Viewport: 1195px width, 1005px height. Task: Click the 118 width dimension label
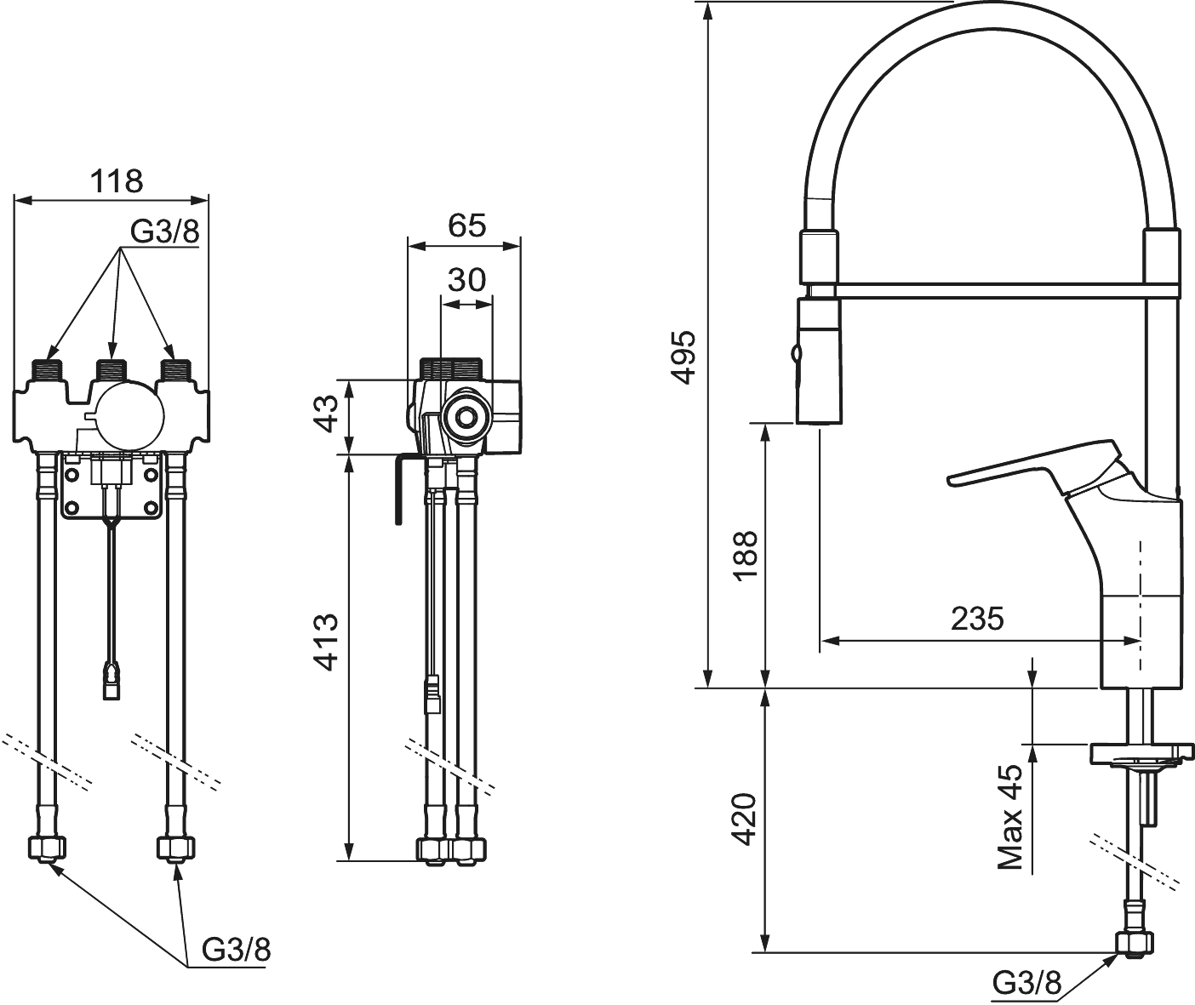coord(117,180)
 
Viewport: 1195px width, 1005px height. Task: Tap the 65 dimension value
coord(466,226)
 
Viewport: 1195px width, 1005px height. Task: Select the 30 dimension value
coord(466,279)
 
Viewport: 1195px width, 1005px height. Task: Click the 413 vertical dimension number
coord(328,642)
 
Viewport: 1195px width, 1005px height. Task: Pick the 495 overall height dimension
coord(683,357)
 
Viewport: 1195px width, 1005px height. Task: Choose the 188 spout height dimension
coord(745,555)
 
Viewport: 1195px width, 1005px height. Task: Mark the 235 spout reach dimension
coord(977,619)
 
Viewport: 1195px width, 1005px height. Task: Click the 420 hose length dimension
coord(745,819)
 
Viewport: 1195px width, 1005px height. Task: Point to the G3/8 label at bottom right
coord(1027,984)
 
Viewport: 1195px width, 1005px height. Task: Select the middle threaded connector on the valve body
coord(111,370)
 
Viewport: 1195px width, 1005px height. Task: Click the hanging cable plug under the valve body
coord(111,682)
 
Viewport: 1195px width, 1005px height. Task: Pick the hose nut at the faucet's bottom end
coord(1135,942)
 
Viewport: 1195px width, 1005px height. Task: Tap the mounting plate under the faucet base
coord(1139,754)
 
